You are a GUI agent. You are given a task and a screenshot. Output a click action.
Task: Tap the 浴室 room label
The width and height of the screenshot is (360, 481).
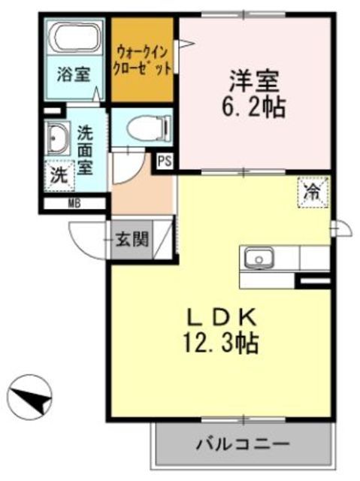75,74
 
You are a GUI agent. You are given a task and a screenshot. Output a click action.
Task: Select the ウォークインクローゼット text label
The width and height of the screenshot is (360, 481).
143,58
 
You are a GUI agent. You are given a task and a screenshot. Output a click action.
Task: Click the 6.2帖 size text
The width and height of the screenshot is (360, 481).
253,107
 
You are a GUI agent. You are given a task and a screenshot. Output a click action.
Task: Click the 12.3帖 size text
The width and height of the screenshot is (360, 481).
219,345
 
